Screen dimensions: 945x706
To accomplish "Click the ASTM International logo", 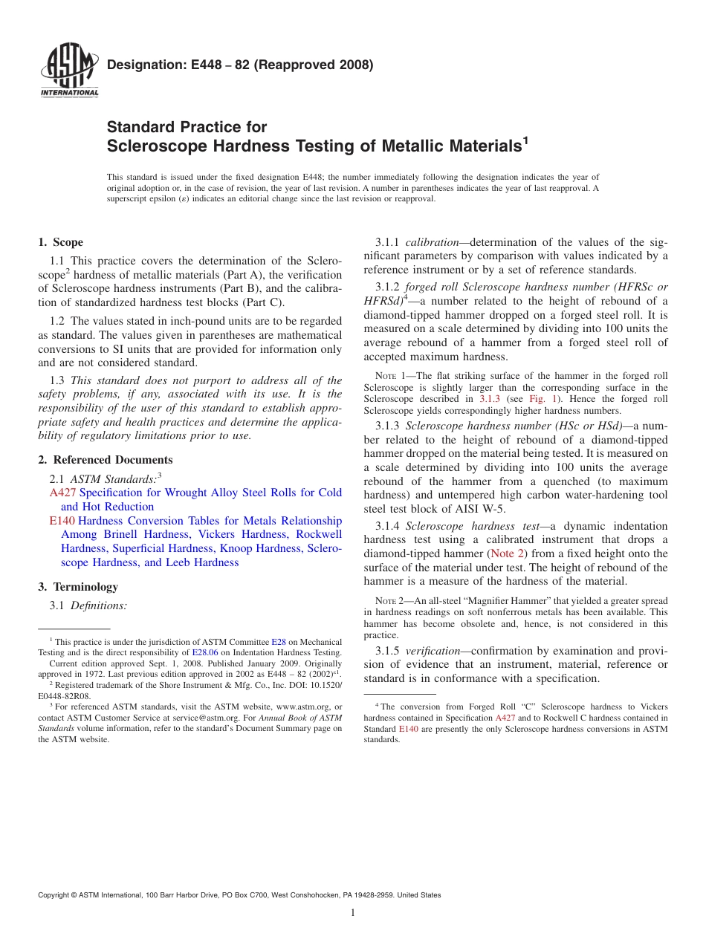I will click(69, 71).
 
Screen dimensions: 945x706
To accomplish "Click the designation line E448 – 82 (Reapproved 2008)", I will click(240, 65).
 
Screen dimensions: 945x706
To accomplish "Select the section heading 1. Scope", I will click(60, 243).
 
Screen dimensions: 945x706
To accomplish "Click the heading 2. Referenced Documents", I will click(105, 460).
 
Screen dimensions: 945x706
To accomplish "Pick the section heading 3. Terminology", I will click(77, 587).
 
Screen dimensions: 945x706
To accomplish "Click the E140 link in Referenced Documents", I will click(62, 521).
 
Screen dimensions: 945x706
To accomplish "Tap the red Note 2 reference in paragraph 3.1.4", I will click(507, 553).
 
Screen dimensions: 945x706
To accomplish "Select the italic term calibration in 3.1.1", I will click(432, 242).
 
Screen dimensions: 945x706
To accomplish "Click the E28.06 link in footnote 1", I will click(204, 652).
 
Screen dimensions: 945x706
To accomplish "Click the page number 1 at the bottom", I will click(353, 913).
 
